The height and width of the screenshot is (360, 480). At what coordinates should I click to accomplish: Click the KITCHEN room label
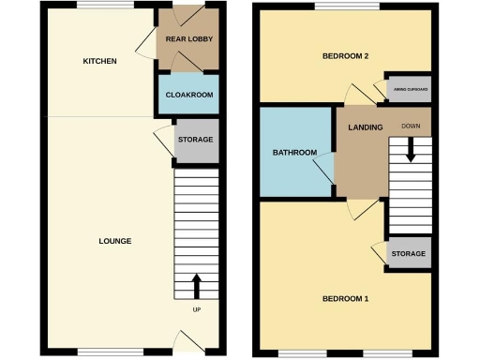pyautogui.click(x=100, y=62)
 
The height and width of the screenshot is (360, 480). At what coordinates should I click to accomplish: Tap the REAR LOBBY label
pyautogui.click(x=187, y=39)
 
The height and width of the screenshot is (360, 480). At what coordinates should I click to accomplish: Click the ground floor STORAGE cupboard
pyautogui.click(x=196, y=140)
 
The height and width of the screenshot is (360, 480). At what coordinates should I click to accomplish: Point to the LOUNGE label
pyautogui.click(x=115, y=241)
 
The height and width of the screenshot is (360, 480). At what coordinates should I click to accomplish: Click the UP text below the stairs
pyautogui.click(x=196, y=310)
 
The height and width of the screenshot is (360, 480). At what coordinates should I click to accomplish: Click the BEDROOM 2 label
pyautogui.click(x=345, y=56)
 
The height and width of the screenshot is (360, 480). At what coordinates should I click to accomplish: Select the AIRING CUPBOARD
pyautogui.click(x=409, y=89)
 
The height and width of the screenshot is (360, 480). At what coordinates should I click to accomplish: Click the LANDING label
pyautogui.click(x=363, y=127)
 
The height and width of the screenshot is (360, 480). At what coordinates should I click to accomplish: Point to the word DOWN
pyautogui.click(x=410, y=126)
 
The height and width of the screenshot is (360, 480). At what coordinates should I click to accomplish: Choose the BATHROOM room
pyautogui.click(x=294, y=152)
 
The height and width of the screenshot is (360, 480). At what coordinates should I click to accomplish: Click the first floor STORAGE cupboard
pyautogui.click(x=409, y=254)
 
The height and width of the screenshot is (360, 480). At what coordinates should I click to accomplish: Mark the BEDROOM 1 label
pyautogui.click(x=345, y=299)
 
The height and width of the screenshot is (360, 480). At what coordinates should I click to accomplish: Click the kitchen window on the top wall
pyautogui.click(x=105, y=8)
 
